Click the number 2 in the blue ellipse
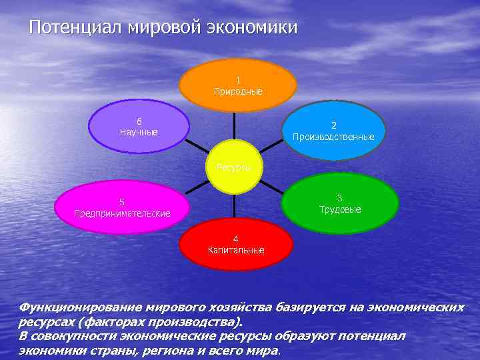pos(334,125)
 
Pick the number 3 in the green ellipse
pos(340,198)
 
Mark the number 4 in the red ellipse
pos(235,239)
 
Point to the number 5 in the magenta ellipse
pos(122,202)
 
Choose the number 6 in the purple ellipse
pos(139,121)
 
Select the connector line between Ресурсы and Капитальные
pos(235,207)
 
